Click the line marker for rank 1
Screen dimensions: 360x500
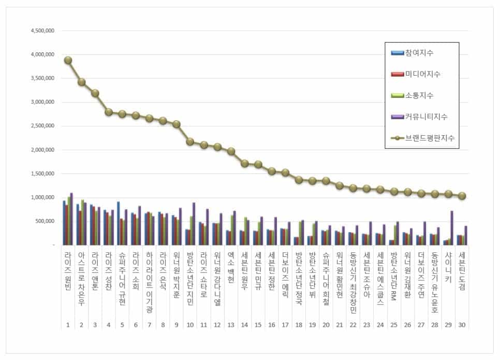point(68,60)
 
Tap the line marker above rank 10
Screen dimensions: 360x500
point(190,141)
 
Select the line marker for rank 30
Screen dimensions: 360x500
point(462,196)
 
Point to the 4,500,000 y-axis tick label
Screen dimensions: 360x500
point(43,31)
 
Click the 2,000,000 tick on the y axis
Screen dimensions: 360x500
point(43,150)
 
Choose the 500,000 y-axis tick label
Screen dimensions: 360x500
point(47,221)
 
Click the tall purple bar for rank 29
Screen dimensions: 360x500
point(452,227)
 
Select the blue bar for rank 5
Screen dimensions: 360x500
point(119,223)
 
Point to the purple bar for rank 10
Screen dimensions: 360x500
point(194,223)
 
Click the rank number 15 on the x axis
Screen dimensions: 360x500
point(258,325)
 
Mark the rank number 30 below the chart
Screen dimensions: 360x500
point(462,325)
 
